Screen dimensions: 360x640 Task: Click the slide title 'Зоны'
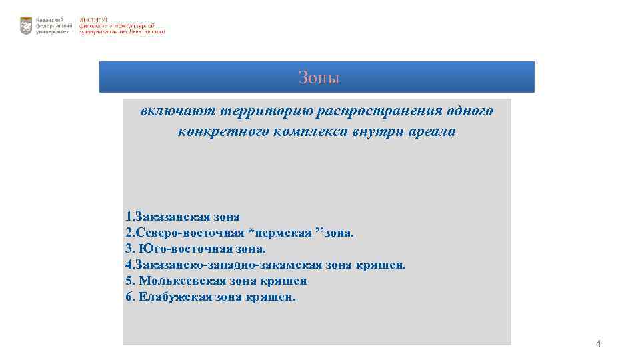click(319, 78)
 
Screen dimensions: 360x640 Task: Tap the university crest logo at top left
click(26, 26)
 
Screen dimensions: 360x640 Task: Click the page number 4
click(598, 343)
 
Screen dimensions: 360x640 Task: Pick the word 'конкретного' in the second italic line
click(222, 131)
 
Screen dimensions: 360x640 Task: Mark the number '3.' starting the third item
click(129, 249)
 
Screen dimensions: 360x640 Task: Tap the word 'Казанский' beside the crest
click(50, 20)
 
